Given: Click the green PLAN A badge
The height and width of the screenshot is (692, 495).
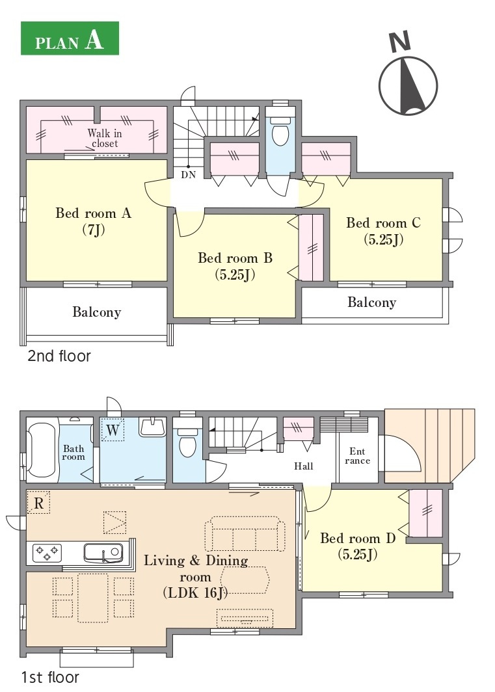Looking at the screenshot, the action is (x=70, y=38).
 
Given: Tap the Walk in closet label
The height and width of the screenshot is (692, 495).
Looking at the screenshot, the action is (x=105, y=138).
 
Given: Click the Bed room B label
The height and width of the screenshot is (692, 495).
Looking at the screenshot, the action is (x=235, y=265).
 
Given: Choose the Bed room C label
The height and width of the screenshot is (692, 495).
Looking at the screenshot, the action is (x=383, y=230).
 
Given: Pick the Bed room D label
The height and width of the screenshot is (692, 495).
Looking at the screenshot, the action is (x=357, y=546).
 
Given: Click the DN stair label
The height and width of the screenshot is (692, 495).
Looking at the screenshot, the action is (x=188, y=175).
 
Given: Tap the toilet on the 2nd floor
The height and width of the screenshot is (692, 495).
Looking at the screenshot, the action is (x=280, y=130).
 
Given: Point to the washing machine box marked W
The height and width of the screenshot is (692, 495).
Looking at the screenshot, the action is (x=113, y=430).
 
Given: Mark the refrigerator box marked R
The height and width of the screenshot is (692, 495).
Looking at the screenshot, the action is (x=39, y=503).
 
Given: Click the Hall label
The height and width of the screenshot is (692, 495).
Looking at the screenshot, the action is (x=304, y=466).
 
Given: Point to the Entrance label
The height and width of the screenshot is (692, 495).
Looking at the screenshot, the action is (x=358, y=456).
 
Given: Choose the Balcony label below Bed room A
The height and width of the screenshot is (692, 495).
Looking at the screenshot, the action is (x=97, y=312).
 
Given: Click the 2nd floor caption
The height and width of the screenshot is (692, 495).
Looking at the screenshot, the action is (x=59, y=356).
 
